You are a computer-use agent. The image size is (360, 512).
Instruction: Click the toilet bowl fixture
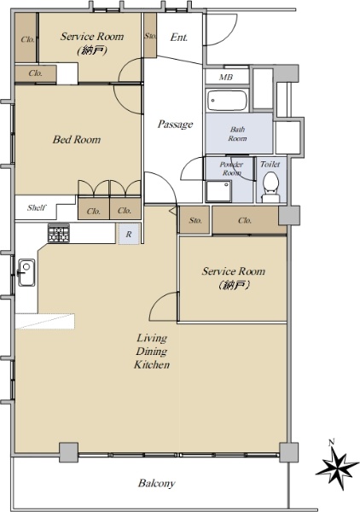(x=270, y=188)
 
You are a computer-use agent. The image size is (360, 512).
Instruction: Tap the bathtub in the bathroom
(x=227, y=100)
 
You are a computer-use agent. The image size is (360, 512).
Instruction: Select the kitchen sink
(x=26, y=273)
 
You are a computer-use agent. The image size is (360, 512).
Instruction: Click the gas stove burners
(x=59, y=233)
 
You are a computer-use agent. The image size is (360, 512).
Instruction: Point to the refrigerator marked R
(x=129, y=234)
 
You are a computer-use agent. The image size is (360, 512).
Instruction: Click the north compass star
(x=337, y=466)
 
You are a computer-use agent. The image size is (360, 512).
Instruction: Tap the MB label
(x=226, y=77)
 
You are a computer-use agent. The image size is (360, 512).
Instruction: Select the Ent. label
(x=179, y=38)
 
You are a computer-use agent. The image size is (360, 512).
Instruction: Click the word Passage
(x=175, y=124)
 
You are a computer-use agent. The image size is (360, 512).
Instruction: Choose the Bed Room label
(x=77, y=140)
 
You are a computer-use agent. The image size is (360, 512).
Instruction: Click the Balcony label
(x=157, y=483)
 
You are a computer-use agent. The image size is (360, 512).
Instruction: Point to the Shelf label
(x=37, y=207)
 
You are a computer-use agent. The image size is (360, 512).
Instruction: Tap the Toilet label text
(x=270, y=164)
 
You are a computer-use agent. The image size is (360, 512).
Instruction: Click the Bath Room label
(x=237, y=134)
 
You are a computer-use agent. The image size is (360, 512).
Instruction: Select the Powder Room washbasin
(x=218, y=191)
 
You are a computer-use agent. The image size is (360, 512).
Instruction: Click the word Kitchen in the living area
(x=152, y=364)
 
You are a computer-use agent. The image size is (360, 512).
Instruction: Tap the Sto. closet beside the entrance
(x=150, y=35)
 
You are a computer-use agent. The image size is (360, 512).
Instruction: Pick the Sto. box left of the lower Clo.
(x=195, y=220)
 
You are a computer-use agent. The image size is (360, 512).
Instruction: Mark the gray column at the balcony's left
(x=68, y=452)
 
